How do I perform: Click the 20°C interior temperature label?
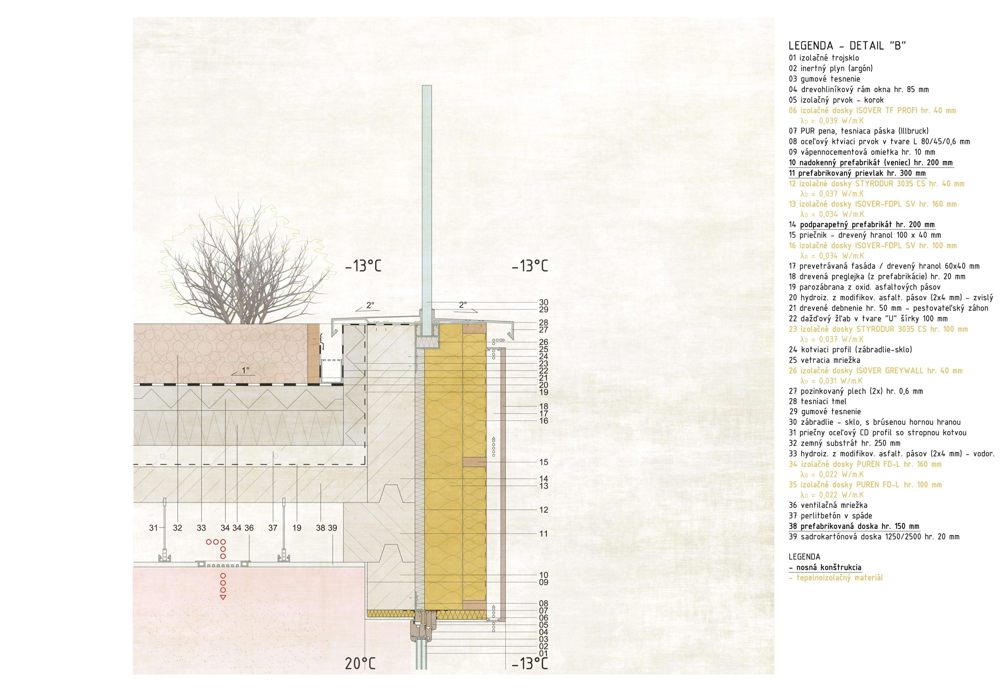coord(360,663)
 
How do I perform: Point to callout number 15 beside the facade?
coord(543,462)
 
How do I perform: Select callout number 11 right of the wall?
coord(543,534)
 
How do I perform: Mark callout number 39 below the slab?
coord(332,528)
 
